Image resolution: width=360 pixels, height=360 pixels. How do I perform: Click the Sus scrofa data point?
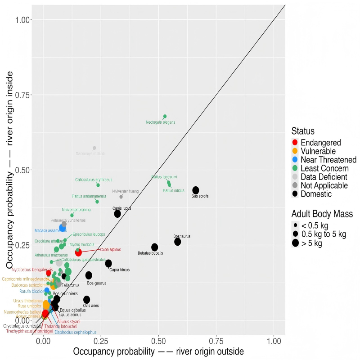pos(196,190)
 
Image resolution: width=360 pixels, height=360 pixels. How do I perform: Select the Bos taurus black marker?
pos(178,242)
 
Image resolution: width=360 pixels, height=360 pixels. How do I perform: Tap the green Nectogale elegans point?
pos(165,117)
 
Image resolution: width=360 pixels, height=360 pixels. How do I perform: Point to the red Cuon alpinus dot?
pos(78,252)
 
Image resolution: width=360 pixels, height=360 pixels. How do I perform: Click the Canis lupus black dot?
pos(117,214)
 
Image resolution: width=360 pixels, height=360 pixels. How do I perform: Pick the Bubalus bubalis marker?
pos(155,247)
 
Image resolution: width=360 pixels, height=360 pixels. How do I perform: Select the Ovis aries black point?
pos(87,300)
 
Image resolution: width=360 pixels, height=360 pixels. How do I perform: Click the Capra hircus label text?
pos(120,270)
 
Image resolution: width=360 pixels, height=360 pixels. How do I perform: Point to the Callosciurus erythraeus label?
pos(94,180)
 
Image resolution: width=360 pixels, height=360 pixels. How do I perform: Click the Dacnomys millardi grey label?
pos(90,154)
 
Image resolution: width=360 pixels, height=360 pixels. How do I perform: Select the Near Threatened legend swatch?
pos(295,160)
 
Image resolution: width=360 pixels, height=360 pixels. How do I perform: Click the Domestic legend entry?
pos(315,194)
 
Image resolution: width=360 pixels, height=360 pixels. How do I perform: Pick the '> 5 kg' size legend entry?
pos(311,243)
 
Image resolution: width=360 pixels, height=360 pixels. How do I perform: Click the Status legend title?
pos(303,131)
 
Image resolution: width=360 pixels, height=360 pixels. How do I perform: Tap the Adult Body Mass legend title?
pos(322,214)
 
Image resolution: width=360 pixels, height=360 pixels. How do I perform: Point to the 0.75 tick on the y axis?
pos(23,95)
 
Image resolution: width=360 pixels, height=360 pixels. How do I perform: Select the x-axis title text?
pos(158,351)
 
